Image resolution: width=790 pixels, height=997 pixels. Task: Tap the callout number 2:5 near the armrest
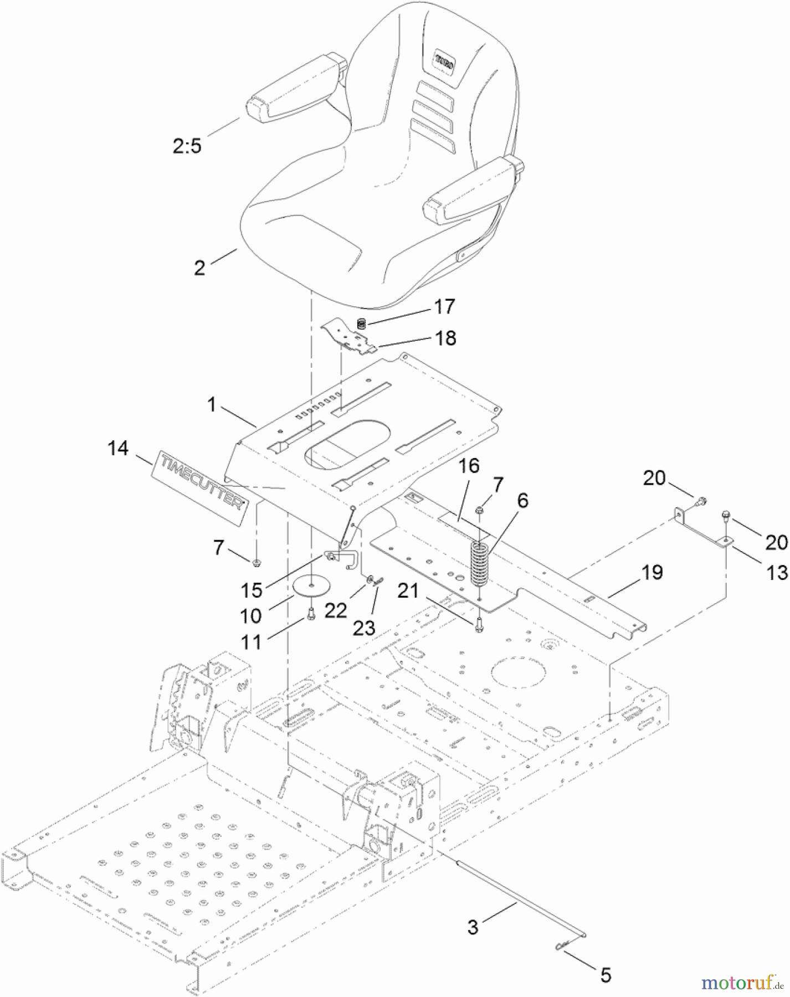tap(187, 146)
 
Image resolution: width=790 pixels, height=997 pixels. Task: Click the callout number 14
tap(117, 448)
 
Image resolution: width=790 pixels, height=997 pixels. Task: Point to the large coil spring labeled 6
tap(479, 563)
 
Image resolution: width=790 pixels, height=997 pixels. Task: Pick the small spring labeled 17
tap(361, 323)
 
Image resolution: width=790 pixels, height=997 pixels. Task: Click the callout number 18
tap(445, 338)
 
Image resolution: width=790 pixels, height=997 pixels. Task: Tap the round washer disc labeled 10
tap(312, 586)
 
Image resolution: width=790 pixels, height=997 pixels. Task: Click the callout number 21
tap(408, 590)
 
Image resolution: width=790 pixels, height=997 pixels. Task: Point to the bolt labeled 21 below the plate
tap(479, 625)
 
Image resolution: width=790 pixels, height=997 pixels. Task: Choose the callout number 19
tap(652, 572)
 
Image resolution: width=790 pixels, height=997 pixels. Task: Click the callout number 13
tap(777, 573)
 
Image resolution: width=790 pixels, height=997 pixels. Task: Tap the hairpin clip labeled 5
tap(562, 947)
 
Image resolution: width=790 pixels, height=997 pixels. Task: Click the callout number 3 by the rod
tap(473, 927)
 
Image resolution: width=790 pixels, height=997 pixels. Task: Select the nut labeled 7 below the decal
tap(257, 563)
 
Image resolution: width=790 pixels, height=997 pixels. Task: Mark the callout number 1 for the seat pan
tap(211, 405)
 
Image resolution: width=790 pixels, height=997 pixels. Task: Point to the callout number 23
tap(364, 628)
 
